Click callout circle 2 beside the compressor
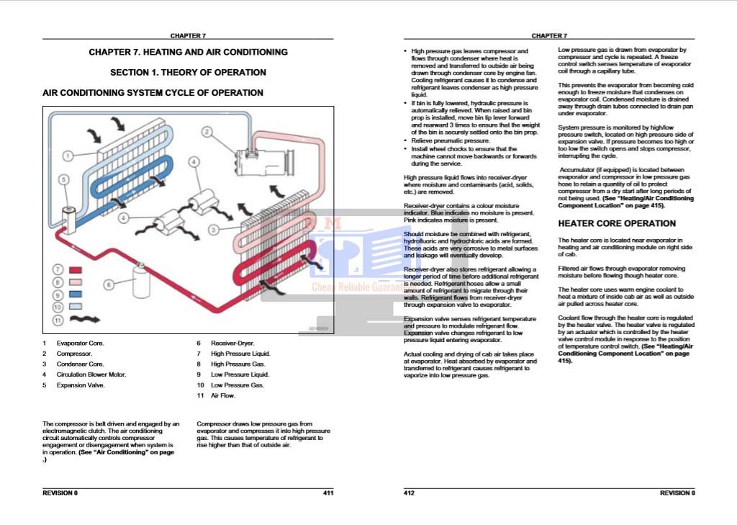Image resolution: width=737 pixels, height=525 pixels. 207,132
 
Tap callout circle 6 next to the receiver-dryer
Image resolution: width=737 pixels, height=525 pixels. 109,284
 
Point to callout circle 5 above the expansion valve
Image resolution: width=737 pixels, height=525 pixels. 63,179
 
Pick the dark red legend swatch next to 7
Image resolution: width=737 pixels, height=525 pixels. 75,269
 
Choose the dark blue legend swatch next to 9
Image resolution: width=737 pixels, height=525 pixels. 75,294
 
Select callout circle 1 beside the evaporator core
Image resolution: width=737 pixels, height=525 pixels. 67,155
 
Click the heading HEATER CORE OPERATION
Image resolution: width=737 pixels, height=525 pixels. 617,223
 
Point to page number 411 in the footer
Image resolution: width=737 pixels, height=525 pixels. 327,493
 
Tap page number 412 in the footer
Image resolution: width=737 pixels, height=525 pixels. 410,493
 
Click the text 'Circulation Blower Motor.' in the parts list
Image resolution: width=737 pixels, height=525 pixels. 91,374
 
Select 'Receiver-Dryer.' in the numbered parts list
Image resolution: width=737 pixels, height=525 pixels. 232,344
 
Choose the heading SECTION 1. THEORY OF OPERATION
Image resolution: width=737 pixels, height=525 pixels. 188,72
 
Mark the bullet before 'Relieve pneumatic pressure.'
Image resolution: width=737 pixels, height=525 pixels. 406,141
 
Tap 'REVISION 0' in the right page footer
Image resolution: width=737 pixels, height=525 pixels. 677,493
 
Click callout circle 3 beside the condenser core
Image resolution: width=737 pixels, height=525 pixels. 214,230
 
